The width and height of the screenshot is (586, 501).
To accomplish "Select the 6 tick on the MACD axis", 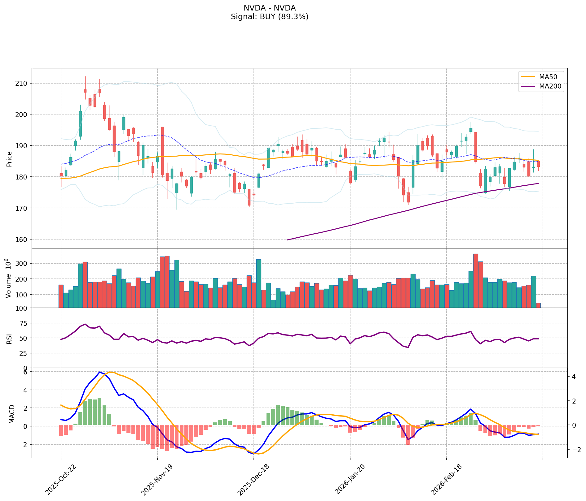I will [25, 372].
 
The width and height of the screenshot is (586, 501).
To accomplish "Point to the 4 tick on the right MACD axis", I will [574, 377].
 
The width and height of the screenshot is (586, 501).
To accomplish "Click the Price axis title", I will [9, 159].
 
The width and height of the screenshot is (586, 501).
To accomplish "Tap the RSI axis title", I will [9, 339].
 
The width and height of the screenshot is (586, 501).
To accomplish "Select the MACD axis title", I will [12, 414].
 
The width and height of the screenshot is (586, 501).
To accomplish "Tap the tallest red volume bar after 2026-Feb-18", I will [476, 281].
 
